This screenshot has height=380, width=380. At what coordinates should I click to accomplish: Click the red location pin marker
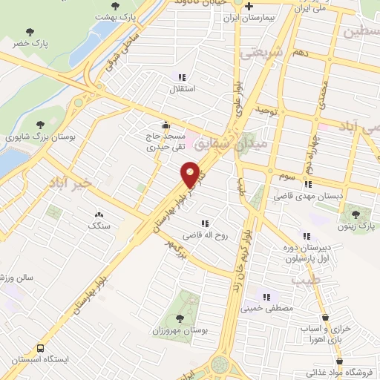[190, 174]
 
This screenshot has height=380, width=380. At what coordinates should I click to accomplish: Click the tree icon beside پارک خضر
[30, 32]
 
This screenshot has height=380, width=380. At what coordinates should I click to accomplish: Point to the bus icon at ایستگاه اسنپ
[40, 347]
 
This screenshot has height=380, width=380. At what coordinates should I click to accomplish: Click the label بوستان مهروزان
[178, 329]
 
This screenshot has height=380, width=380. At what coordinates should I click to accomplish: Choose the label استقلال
[182, 89]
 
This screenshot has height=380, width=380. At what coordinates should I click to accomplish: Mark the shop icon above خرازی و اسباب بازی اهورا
[326, 317]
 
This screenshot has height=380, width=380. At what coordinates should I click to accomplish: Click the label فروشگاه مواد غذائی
[346, 373]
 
